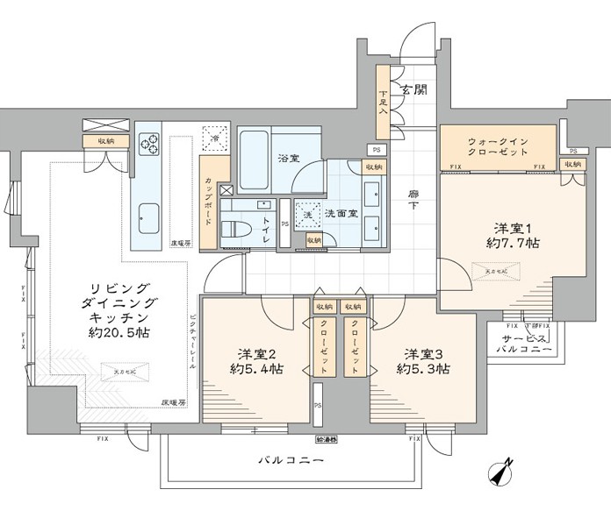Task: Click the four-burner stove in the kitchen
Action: pyautogui.click(x=147, y=143)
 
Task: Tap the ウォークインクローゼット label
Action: pyautogui.click(x=498, y=145)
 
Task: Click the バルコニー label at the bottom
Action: pyautogui.click(x=291, y=460)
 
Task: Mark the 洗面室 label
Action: pyautogui.click(x=340, y=212)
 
